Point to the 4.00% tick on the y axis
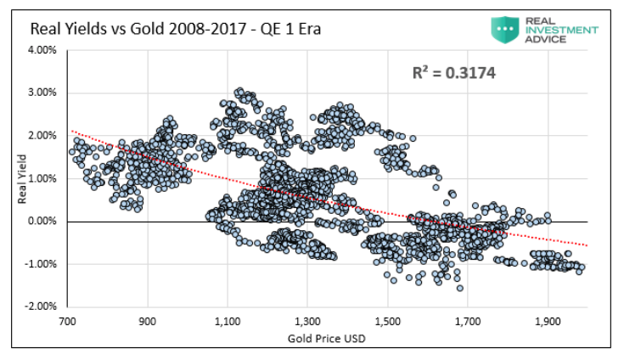coord(42,50)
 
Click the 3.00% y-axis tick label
coord(42,93)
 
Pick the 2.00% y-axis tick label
coord(42,136)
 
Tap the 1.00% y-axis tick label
coord(42,178)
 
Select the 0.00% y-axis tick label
coord(42,221)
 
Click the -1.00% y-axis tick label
coord(40,264)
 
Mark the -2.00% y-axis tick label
coord(40,307)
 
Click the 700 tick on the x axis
coord(69,323)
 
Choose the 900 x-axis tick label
coord(149,323)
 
